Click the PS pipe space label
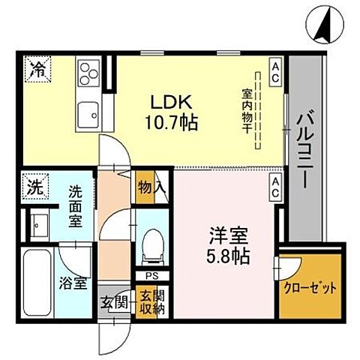point(144,274)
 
